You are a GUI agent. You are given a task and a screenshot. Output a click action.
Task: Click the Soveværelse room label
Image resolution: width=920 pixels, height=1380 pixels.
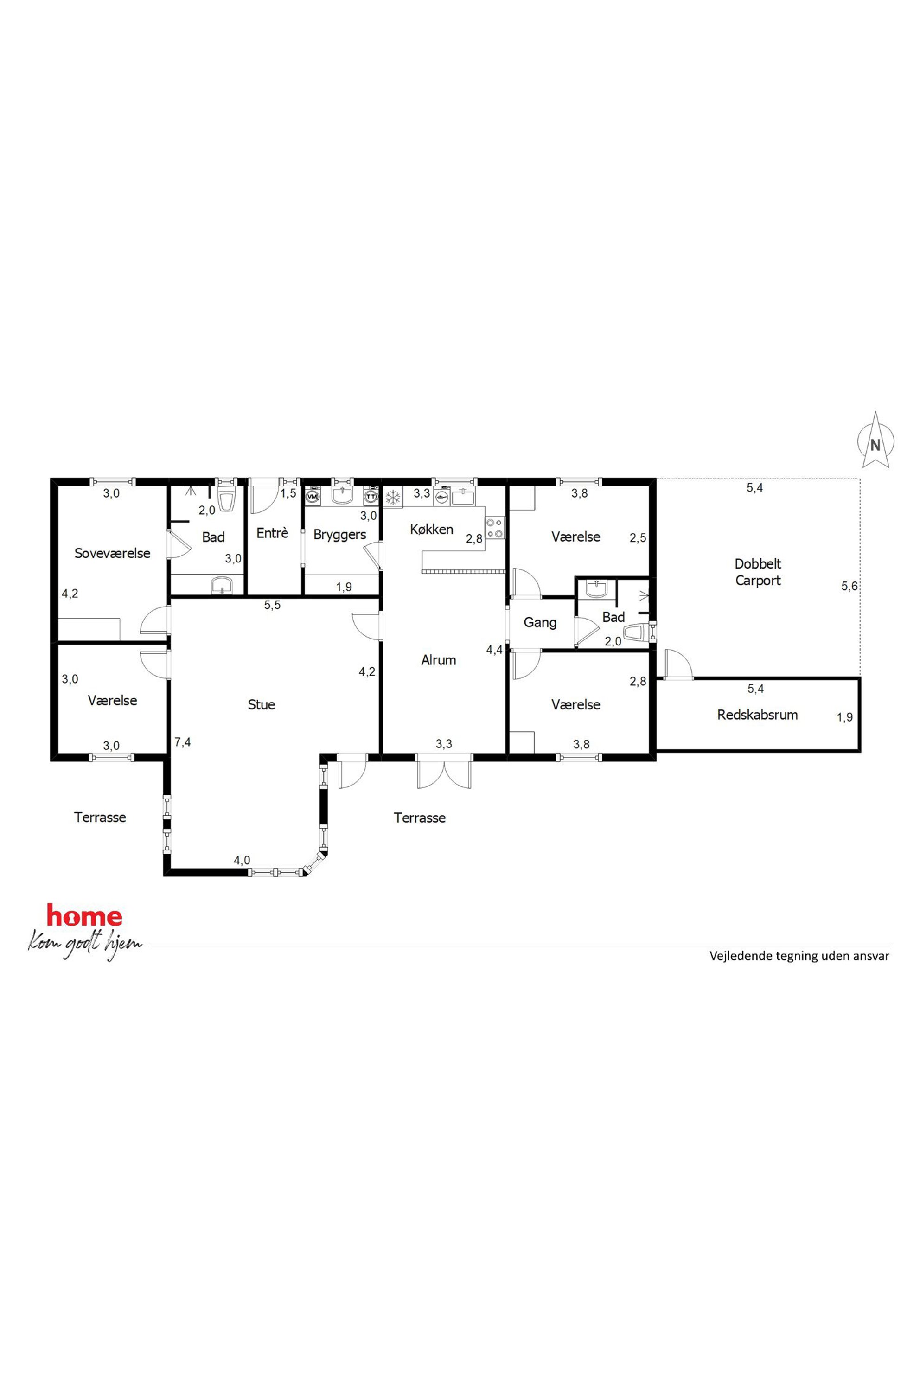pos(112,553)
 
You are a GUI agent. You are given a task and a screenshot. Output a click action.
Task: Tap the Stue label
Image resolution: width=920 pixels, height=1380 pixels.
pos(261,705)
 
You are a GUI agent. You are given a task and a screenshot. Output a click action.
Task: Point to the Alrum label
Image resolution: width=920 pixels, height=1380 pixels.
pos(438,660)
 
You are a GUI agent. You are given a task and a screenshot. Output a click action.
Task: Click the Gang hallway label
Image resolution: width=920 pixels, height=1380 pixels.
pos(540,622)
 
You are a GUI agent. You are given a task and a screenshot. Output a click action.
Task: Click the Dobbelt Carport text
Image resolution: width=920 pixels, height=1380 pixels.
pos(758,572)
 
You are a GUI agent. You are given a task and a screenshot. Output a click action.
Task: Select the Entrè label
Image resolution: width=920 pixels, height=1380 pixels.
pos(272,533)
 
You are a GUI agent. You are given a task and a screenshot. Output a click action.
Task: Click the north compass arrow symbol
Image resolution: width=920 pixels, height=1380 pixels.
pos(875,440)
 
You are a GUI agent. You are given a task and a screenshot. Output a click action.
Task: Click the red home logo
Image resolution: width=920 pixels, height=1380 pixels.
pos(84,916)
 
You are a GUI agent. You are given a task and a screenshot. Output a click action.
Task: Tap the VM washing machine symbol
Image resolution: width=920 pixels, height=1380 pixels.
pos(313,497)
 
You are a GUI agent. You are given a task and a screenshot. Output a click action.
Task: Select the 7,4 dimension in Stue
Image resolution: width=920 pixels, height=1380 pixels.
pos(183,742)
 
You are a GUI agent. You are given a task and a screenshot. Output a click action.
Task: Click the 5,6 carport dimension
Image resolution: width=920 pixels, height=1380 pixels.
pos(849,586)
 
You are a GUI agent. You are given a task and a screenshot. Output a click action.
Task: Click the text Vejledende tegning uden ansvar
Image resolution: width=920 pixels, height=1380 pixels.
pos(799,956)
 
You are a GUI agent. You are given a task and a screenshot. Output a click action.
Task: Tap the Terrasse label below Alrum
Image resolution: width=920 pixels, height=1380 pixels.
pos(420,818)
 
